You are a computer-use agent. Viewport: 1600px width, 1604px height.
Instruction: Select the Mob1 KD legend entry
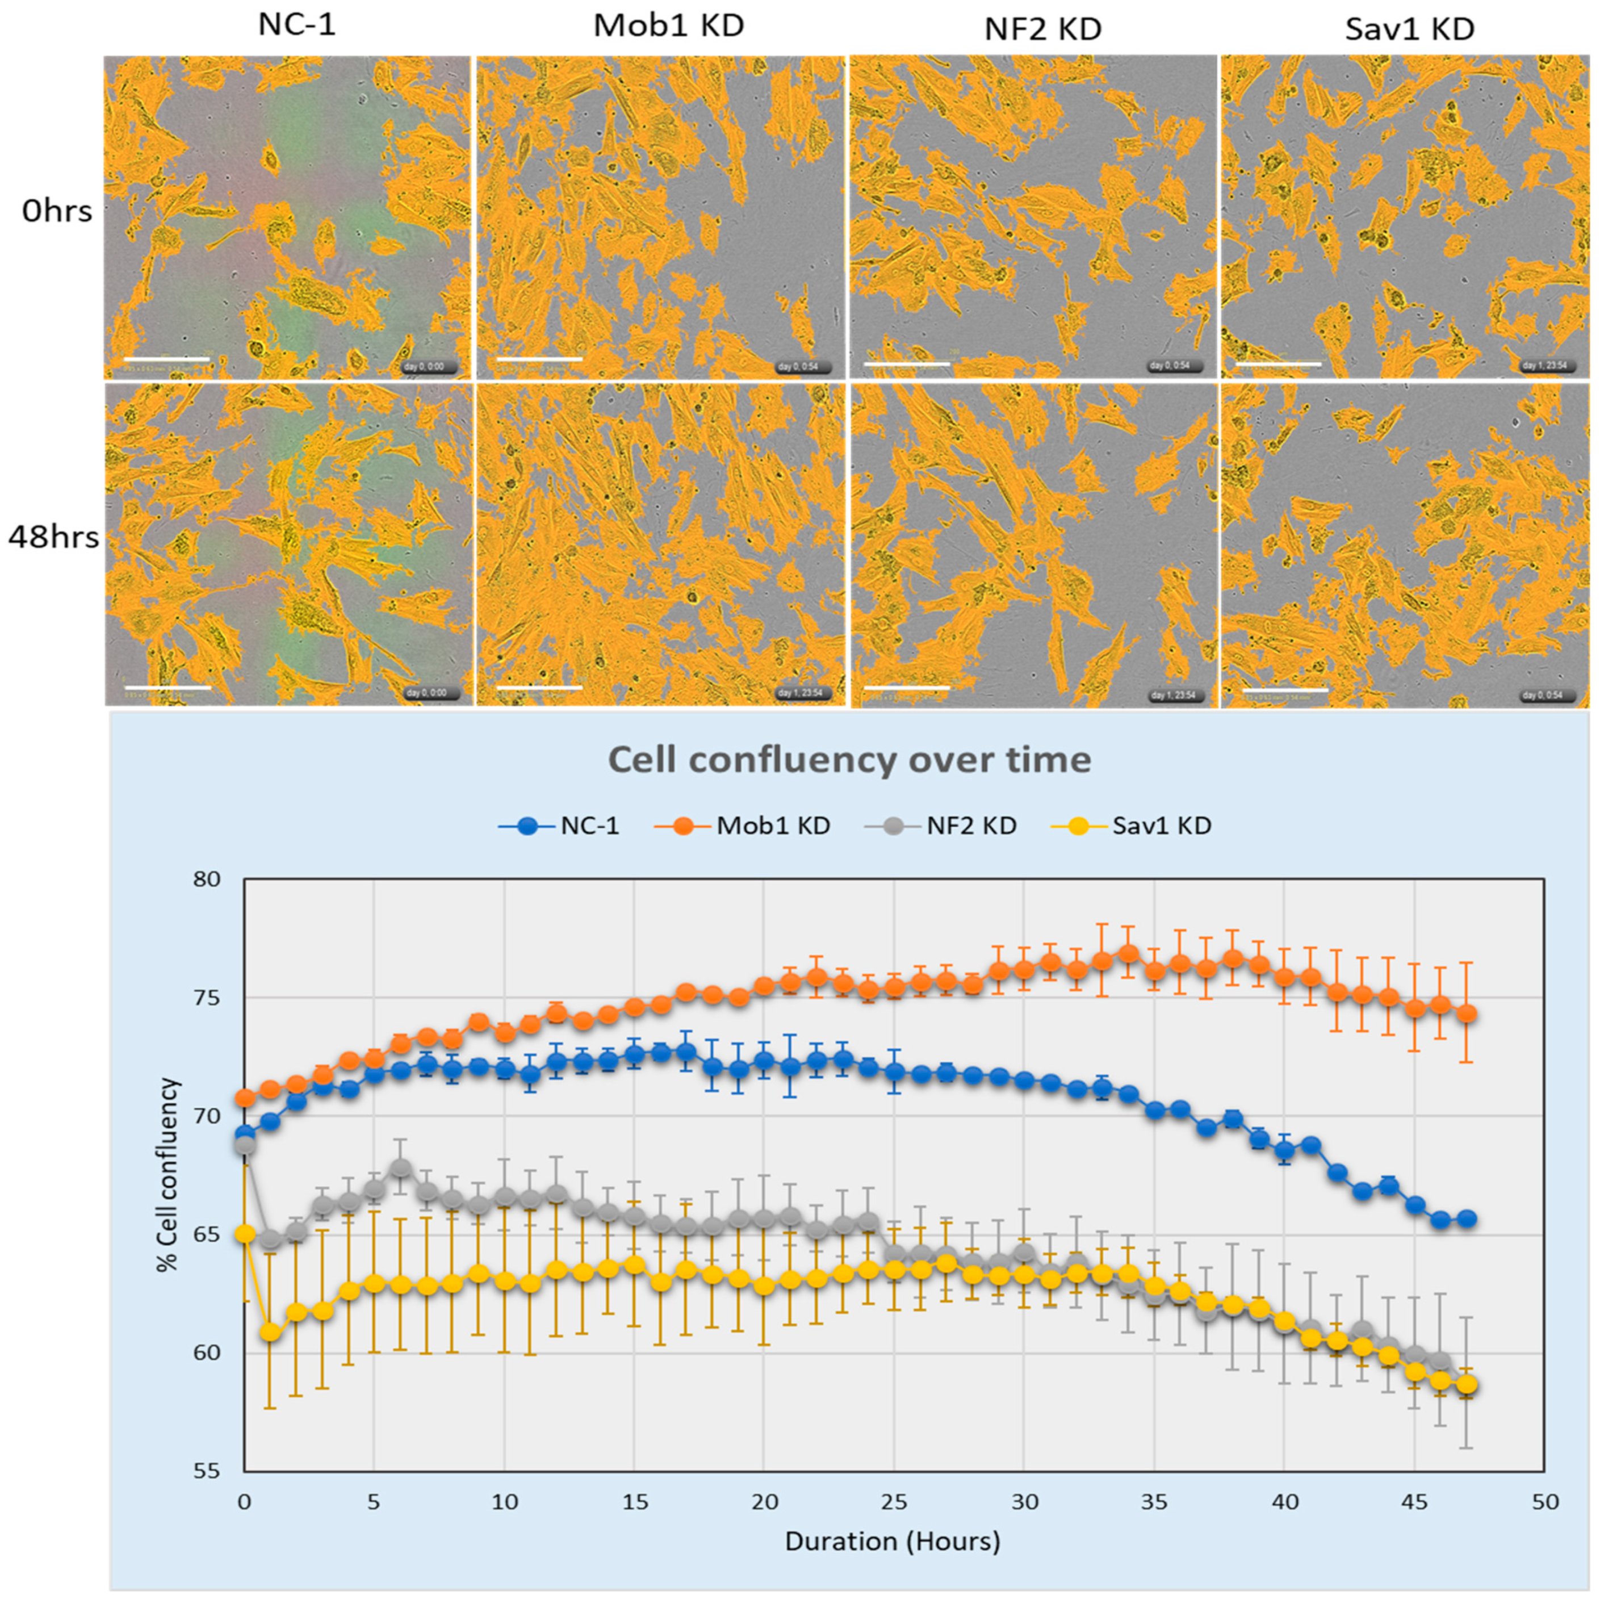click(773, 826)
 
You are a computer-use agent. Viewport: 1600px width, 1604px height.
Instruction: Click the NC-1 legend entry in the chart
click(589, 826)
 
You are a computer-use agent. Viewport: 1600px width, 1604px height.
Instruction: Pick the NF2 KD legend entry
click(971, 826)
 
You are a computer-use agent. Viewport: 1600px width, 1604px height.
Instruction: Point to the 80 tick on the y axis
click(210, 879)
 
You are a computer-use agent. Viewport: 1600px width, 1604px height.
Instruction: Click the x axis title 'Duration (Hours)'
click(893, 1542)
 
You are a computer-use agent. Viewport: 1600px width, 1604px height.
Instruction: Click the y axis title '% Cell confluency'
click(169, 1175)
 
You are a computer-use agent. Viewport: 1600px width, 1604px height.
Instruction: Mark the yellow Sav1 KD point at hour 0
click(245, 1234)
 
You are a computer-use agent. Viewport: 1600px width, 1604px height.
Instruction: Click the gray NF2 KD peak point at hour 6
click(400, 1168)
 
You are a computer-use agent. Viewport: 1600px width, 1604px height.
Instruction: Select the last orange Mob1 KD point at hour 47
click(1467, 1014)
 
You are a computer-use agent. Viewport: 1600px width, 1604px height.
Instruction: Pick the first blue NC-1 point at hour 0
click(245, 1134)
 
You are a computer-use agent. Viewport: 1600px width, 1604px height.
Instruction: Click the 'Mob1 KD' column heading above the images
click(668, 27)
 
